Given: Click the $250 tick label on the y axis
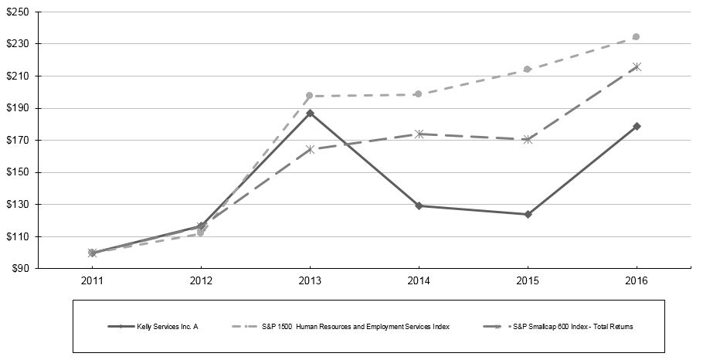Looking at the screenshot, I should [x=19, y=12].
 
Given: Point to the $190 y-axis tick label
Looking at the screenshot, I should [x=19, y=108].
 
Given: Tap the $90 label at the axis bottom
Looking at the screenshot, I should [x=21, y=269].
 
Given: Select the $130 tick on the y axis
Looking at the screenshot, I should [x=19, y=205].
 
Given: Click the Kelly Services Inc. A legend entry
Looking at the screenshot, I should [x=167, y=327].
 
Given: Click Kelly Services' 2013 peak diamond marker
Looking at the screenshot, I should [x=310, y=114].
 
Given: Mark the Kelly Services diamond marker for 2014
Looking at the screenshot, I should [x=419, y=205].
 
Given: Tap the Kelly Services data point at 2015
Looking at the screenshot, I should [x=528, y=214].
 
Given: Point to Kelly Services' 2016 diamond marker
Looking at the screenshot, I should [x=637, y=126].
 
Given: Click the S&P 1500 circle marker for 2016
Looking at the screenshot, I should [x=637, y=36].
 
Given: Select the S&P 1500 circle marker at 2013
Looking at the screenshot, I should [x=310, y=96].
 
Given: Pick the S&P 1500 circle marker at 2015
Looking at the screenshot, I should [x=528, y=69].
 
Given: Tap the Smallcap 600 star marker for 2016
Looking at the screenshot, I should [x=637, y=67].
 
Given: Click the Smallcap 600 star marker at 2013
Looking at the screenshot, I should [x=310, y=149].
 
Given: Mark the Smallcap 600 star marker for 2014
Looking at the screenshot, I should [x=419, y=134].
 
